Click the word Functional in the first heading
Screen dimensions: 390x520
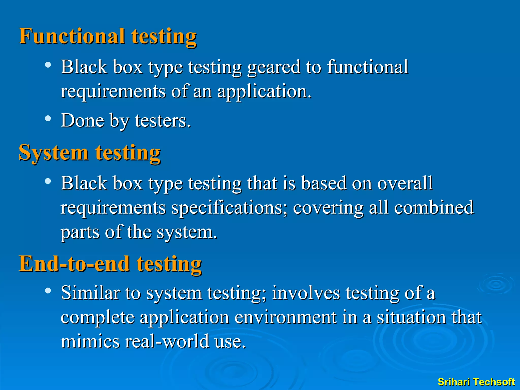coord(72,36)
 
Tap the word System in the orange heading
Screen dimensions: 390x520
coord(54,153)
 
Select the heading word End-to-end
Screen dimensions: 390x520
coord(74,264)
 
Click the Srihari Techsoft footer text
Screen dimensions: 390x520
coord(476,382)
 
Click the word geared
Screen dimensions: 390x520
coord(273,67)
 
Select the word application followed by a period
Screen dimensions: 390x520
coord(264,91)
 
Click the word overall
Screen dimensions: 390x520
coord(405,183)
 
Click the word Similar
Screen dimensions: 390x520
coord(90,293)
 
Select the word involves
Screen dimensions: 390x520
coord(305,293)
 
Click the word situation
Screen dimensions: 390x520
coord(411,317)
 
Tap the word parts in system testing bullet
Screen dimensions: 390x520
coord(80,232)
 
